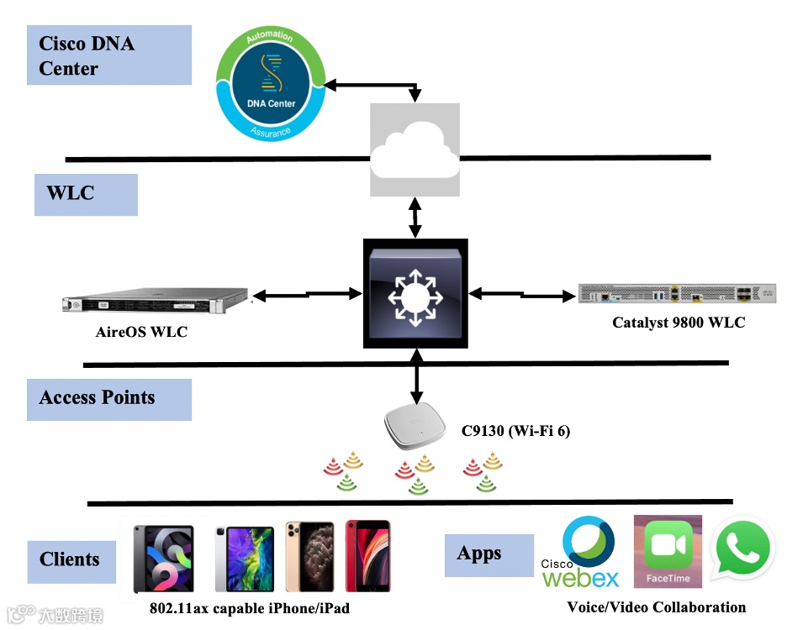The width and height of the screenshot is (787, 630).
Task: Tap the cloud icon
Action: point(415,150)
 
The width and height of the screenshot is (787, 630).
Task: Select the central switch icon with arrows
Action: point(415,293)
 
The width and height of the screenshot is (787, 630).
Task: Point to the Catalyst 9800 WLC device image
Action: point(677,293)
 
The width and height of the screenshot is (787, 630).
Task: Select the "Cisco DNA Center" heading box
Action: point(109,55)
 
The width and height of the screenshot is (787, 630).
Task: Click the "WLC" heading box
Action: point(86,194)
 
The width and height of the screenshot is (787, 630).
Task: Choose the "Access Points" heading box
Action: point(108,399)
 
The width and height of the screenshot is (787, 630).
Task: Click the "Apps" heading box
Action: point(489,554)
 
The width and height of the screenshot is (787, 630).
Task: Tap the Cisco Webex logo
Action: point(581,552)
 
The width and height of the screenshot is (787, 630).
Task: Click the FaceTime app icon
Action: point(668,551)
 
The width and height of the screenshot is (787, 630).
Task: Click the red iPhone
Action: point(367,556)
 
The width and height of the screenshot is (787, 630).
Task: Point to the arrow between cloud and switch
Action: point(415,218)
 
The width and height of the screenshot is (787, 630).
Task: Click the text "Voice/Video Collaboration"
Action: point(656,607)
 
